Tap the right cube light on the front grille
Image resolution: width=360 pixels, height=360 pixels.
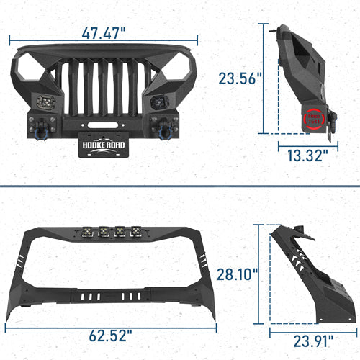coord(158,102)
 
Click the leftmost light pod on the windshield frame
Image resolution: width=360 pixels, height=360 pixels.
coord(84,232)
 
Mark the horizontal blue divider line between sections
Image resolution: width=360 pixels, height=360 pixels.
coord(180,186)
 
